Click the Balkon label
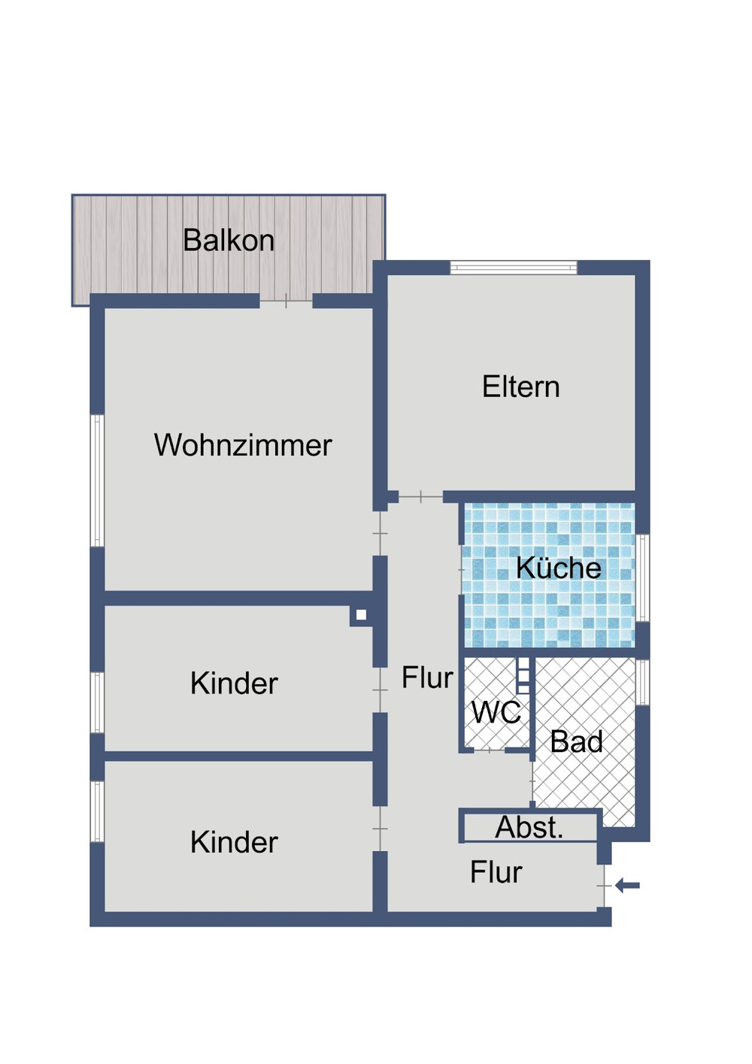pyautogui.click(x=229, y=241)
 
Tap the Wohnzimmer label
pyautogui.click(x=243, y=445)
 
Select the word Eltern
pyautogui.click(x=520, y=387)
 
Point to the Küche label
pyautogui.click(x=558, y=568)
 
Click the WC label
pyautogui.click(x=496, y=713)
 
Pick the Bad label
pyautogui.click(x=576, y=742)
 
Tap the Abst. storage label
pyautogui.click(x=529, y=828)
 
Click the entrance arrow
pyautogui.click(x=627, y=886)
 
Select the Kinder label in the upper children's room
pyautogui.click(x=234, y=684)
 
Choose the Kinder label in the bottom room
pyautogui.click(x=234, y=842)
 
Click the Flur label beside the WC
pyautogui.click(x=426, y=678)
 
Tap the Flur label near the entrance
pyautogui.click(x=496, y=873)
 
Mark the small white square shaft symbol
pyautogui.click(x=361, y=615)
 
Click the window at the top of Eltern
pyautogui.click(x=514, y=267)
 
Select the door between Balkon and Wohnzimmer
pyautogui.click(x=286, y=302)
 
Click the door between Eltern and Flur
pyautogui.click(x=420, y=497)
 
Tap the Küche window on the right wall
pyautogui.click(x=642, y=577)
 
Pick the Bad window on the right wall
pyautogui.click(x=642, y=682)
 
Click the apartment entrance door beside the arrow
pyautogui.click(x=604, y=887)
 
